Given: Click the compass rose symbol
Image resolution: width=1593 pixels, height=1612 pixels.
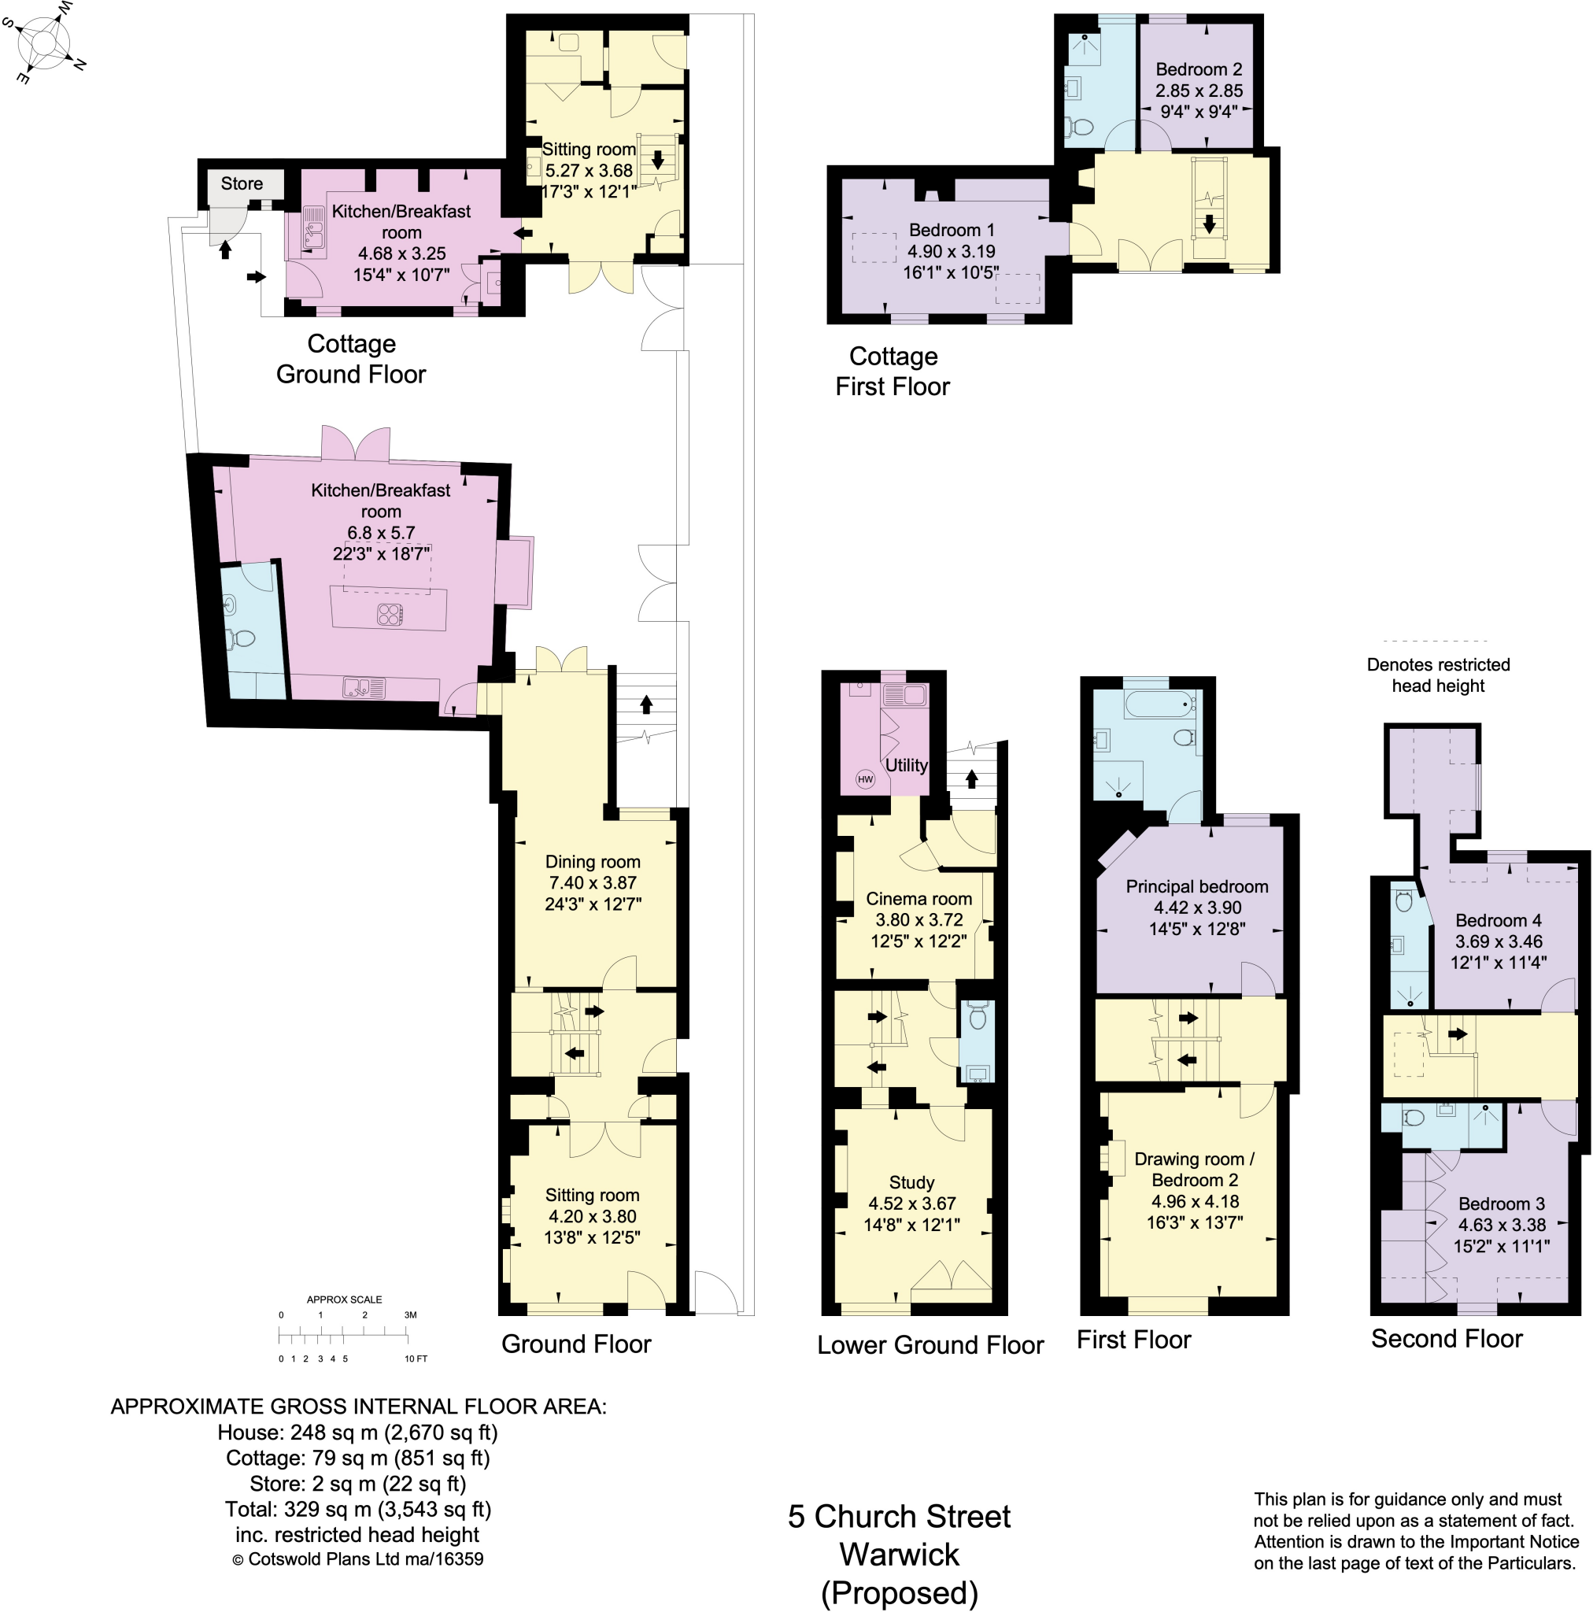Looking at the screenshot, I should pos(46,42).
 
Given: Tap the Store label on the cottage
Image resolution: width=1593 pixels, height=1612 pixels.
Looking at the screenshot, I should pos(241,183).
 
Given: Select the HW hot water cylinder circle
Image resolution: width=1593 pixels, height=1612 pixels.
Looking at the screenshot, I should pos(864,779).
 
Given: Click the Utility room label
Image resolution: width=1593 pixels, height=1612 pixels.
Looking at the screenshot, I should pos(905,765).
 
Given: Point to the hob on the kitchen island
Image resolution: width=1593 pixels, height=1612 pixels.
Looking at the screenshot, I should pos(390,615).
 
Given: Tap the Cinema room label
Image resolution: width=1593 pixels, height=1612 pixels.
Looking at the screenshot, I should pos(918,899).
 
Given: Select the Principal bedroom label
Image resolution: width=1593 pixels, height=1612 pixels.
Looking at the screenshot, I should pos(1196,886).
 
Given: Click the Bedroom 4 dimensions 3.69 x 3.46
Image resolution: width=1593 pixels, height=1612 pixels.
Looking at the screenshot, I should pos(1498,941).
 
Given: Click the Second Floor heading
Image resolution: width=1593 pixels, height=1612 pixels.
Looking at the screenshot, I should pos(1445,1338).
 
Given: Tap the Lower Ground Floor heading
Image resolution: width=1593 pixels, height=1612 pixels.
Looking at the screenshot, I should pos(930,1345).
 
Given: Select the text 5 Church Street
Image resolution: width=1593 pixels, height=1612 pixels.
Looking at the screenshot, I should pos(898,1516).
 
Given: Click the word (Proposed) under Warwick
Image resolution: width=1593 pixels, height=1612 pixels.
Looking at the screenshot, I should pos(899,1592).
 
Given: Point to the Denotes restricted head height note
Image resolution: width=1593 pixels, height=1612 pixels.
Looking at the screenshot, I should pos(1437,675).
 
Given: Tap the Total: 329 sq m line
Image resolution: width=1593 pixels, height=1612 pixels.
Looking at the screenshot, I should pos(357,1509).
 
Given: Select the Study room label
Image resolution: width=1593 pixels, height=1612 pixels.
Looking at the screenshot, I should pos(911,1182).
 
